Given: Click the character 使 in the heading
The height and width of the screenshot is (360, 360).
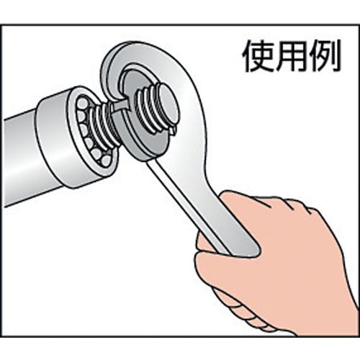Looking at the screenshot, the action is point(258,55).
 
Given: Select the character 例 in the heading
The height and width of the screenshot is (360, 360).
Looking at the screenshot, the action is point(325,55).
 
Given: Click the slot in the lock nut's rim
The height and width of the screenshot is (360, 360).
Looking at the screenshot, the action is point(120,106).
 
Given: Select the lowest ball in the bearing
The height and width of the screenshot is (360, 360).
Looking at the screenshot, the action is point(105,161).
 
